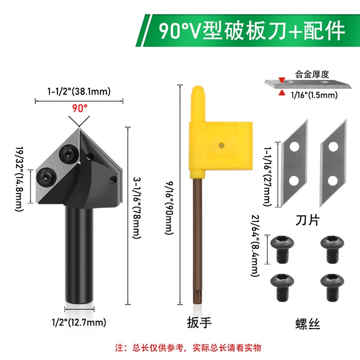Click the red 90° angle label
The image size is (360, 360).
point(79,108)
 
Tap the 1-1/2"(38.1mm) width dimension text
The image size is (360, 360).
point(79,91)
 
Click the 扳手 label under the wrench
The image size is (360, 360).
point(198,323)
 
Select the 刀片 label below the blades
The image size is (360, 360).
point(306,220)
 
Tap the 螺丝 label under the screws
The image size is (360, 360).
point(308,323)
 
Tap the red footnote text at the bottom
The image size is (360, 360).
point(188,348)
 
